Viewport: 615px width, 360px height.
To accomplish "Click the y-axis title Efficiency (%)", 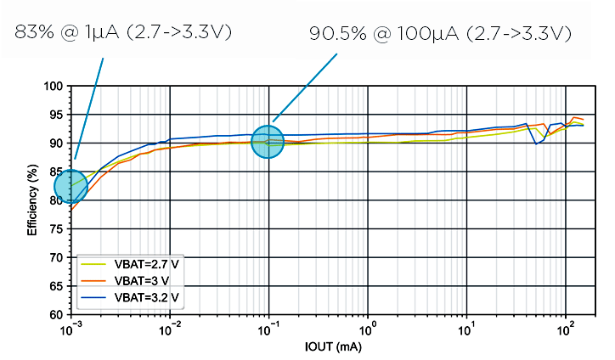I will tap(32, 200).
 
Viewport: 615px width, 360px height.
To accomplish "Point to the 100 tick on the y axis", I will tap(55, 86).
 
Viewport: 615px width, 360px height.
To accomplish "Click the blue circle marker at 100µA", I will tap(268, 142).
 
